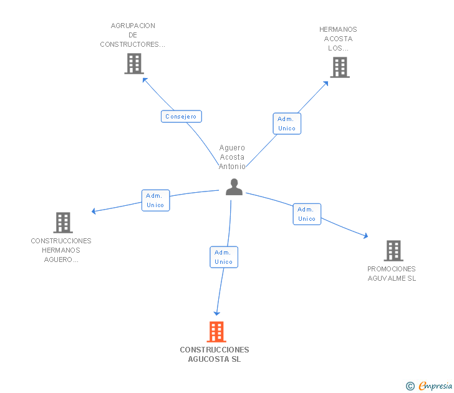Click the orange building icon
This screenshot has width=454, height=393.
(216, 332)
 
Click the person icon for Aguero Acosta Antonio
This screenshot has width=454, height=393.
(234, 187)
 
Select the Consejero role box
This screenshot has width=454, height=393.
(181, 117)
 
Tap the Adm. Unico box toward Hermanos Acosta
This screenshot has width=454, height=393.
(287, 124)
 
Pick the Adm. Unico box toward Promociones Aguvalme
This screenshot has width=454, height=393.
(307, 214)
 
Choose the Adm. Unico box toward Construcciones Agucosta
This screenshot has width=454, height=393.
(224, 257)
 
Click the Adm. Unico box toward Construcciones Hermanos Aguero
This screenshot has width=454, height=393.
(155, 200)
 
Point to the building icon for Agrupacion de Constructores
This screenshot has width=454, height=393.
(134, 64)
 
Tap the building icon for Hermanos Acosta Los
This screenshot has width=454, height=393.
(340, 67)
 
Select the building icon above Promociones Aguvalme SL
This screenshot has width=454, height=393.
(394, 251)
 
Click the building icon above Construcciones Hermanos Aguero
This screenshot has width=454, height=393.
(63, 223)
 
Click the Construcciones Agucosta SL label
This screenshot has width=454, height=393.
(215, 354)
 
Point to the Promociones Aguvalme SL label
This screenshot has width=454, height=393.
(392, 274)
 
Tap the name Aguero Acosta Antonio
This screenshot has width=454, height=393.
(232, 157)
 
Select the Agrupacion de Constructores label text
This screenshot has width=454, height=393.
(133, 35)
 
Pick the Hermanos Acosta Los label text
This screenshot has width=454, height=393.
(338, 39)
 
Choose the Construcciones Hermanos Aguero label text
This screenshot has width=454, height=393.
(61, 250)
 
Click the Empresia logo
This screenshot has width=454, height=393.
(429, 386)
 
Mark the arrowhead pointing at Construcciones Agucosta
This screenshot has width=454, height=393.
(216, 313)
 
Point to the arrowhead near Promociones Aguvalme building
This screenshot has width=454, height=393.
(366, 236)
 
